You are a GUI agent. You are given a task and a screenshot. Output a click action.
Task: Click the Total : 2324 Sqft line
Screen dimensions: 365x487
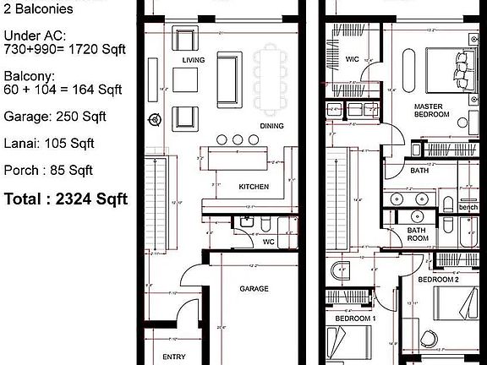(66, 199)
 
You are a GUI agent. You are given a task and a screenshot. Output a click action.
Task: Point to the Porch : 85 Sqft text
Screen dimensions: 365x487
(47, 171)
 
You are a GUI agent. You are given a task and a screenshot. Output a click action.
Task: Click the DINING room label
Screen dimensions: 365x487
(271, 125)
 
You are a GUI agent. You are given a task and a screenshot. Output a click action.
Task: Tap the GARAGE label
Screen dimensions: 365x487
(254, 288)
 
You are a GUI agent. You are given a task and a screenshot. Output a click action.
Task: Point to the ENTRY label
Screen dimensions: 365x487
(174, 357)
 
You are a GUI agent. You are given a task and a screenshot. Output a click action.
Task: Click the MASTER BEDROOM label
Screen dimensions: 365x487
(431, 110)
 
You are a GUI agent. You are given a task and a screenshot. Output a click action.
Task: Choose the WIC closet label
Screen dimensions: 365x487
(353, 59)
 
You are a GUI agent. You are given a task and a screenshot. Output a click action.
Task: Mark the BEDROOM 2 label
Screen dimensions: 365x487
(440, 279)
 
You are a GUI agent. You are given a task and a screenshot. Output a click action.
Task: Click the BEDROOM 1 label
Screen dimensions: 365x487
(354, 319)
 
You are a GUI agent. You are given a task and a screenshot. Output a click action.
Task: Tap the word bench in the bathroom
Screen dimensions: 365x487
(468, 208)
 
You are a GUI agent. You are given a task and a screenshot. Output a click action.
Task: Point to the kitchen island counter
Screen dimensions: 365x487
(236, 159)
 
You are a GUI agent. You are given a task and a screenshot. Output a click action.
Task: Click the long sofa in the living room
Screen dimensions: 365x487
(227, 79)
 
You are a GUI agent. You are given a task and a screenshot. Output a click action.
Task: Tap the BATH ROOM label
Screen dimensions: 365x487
(417, 233)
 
